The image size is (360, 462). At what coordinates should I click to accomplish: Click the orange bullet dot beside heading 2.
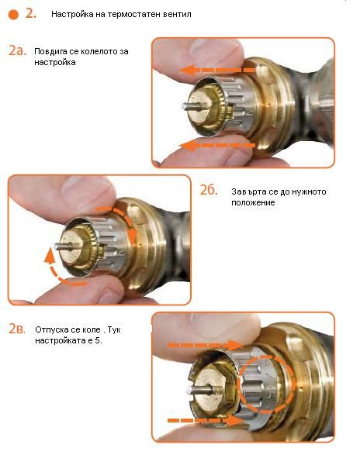pyautogui.click(x=13, y=15)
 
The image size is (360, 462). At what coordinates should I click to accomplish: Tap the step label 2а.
pyautogui.click(x=17, y=50)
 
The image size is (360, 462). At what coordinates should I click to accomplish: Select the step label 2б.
pyautogui.click(x=209, y=190)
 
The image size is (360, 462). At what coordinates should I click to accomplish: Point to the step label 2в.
pyautogui.click(x=17, y=329)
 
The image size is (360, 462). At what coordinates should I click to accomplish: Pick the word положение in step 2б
pyautogui.click(x=253, y=203)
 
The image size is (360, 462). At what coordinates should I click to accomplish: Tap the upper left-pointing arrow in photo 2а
pyautogui.click(x=217, y=70)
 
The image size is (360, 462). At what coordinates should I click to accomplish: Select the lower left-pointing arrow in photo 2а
pyautogui.click(x=217, y=145)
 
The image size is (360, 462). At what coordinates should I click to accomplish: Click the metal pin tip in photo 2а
pyautogui.click(x=184, y=106)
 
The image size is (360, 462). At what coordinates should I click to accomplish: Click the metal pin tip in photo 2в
pyautogui.click(x=189, y=391)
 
